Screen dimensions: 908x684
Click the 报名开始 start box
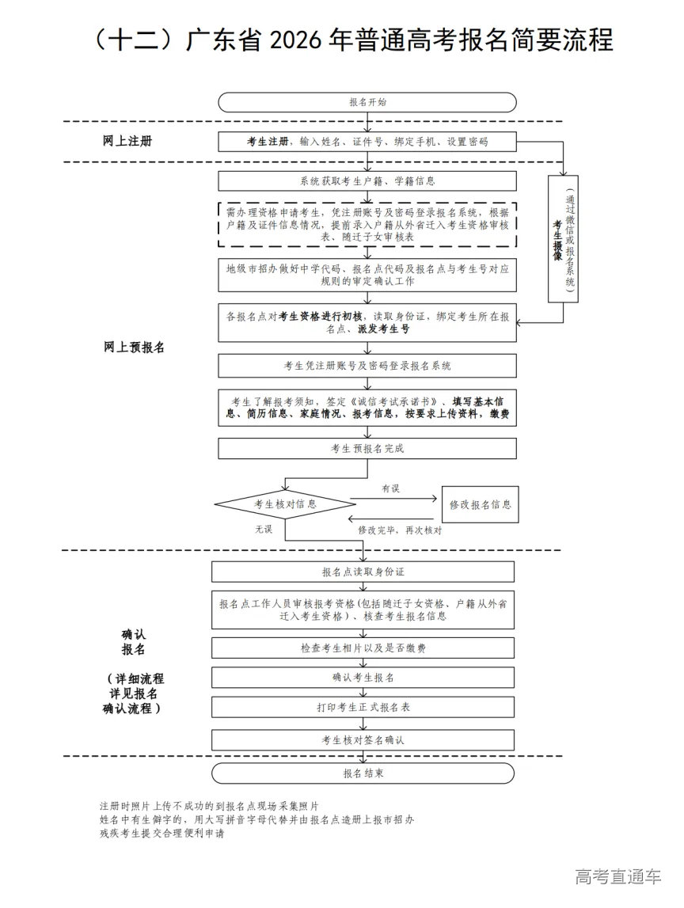[367, 102]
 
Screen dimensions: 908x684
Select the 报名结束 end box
[363, 773]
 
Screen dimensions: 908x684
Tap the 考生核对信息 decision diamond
[285, 504]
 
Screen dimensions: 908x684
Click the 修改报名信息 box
[480, 504]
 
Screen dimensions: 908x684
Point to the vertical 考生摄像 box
[562, 239]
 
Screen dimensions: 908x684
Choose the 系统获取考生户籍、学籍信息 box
[367, 181]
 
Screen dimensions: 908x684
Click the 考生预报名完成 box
[367, 449]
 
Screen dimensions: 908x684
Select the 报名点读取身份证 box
[363, 572]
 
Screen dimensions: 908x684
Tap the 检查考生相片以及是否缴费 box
[363, 648]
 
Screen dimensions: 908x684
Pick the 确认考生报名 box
[363, 678]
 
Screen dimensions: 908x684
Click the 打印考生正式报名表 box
[363, 707]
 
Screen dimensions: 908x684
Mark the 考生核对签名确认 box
[363, 740]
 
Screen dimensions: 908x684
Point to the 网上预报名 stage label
[134, 347]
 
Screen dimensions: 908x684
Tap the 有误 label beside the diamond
[390, 488]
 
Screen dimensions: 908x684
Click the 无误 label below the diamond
[264, 529]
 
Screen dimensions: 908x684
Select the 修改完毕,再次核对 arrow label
[400, 529]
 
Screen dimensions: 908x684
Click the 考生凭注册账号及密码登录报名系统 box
[367, 366]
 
